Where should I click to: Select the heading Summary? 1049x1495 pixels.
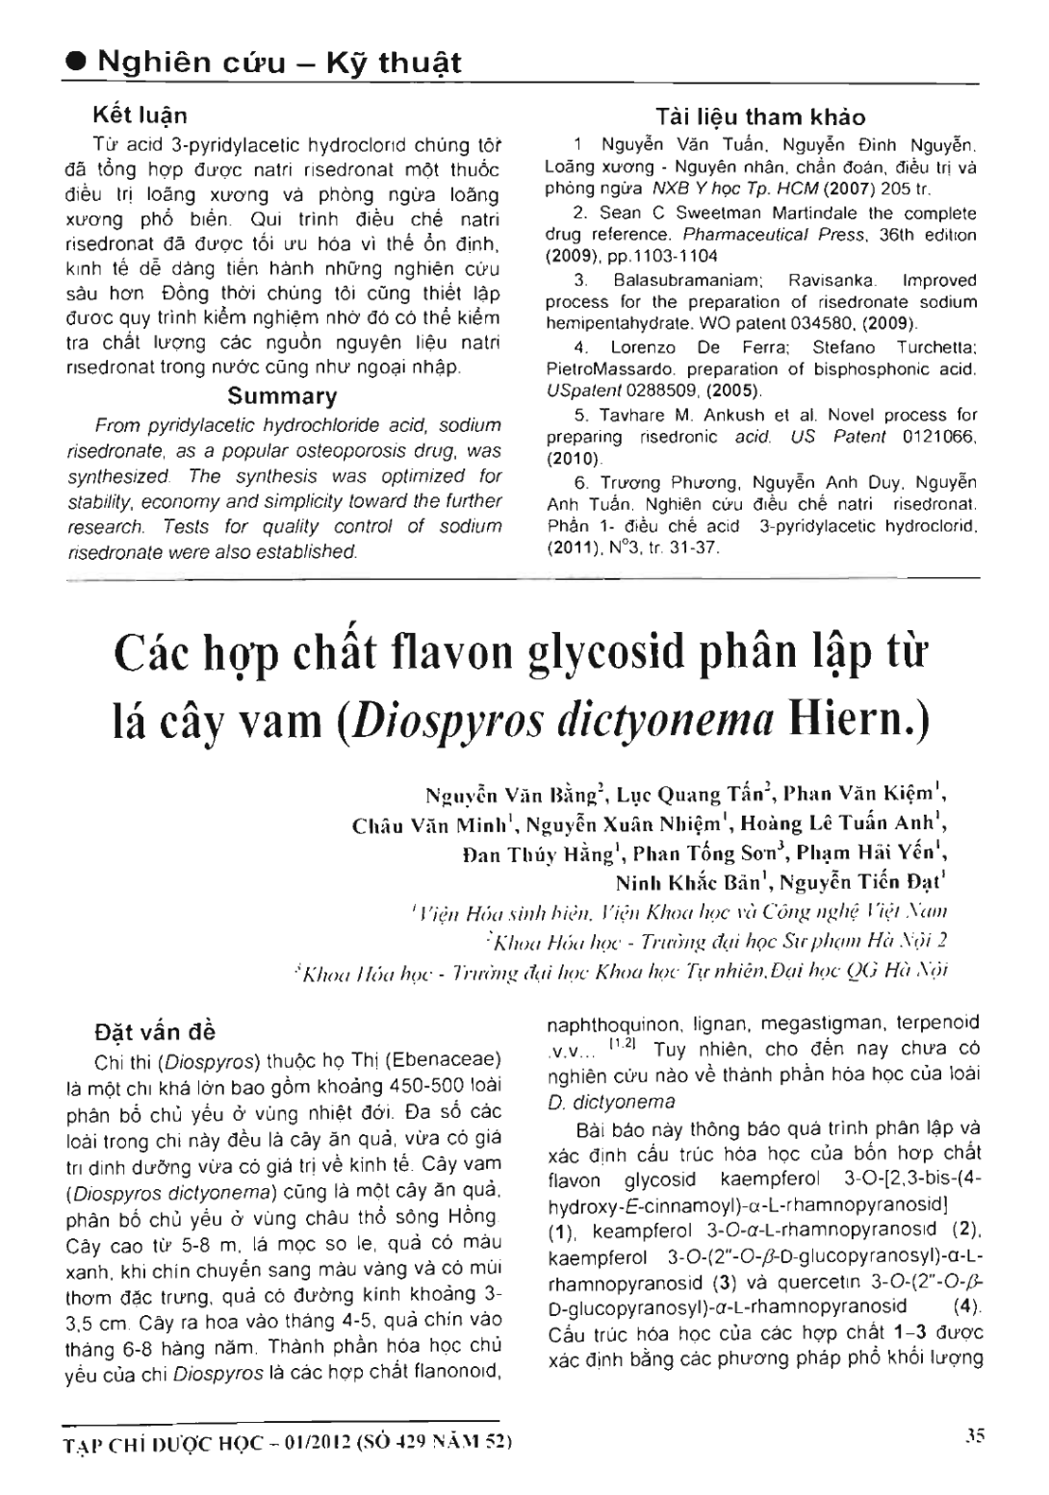(x=282, y=396)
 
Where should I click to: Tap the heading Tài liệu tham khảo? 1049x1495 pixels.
(x=759, y=117)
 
